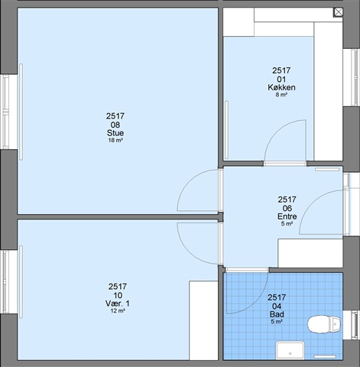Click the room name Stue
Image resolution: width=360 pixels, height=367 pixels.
coord(115,133)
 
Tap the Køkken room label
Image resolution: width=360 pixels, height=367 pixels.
coord(281,87)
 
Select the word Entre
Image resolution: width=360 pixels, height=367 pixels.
coord(287,216)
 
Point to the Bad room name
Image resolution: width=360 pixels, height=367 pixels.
coord(277,314)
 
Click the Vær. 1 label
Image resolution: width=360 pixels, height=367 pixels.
coord(118,304)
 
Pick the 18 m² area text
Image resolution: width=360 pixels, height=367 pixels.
coord(115,140)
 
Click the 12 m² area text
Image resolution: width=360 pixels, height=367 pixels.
coord(118,310)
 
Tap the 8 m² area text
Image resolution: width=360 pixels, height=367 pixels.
coord(281,95)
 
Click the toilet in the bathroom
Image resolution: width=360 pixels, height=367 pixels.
coord(324,324)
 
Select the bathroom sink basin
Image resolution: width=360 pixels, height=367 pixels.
coord(290,351)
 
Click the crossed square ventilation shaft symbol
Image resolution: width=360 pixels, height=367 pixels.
coord(339,12)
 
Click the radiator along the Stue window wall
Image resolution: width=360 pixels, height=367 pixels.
coord(21,112)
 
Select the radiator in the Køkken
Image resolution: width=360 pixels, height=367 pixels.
coord(226,130)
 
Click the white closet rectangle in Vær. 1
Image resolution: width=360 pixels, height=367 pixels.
coord(203,320)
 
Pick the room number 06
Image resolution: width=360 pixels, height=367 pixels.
coord(287,208)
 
